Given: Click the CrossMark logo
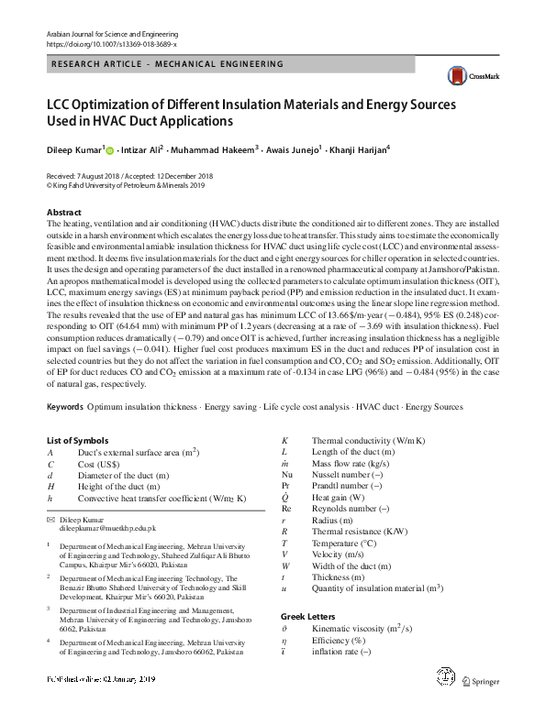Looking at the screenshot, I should point(460,77).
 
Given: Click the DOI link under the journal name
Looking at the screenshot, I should point(111,43).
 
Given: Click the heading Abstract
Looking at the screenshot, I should point(64,212).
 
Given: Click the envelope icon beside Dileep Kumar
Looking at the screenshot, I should point(51,520).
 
